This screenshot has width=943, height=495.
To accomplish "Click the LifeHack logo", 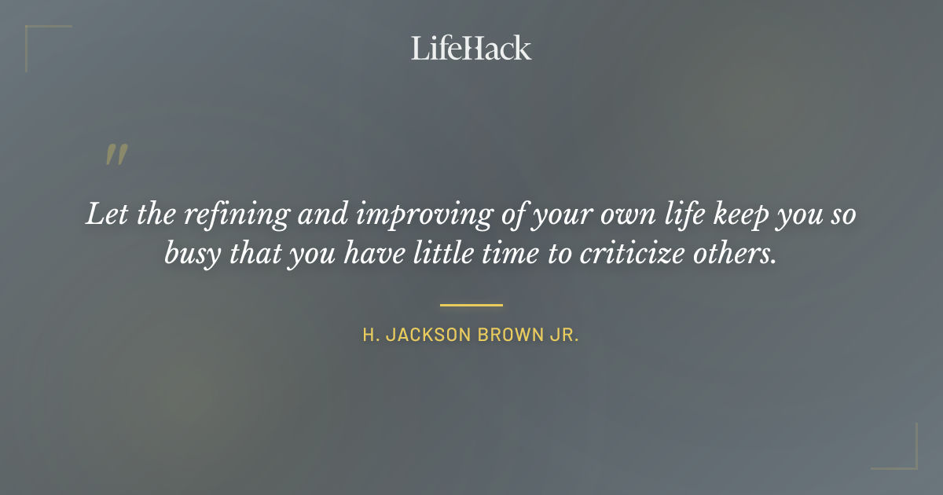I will point(472,48).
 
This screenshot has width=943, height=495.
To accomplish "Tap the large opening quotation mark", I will point(116,155).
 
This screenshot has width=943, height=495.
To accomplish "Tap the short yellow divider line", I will point(472,304).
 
